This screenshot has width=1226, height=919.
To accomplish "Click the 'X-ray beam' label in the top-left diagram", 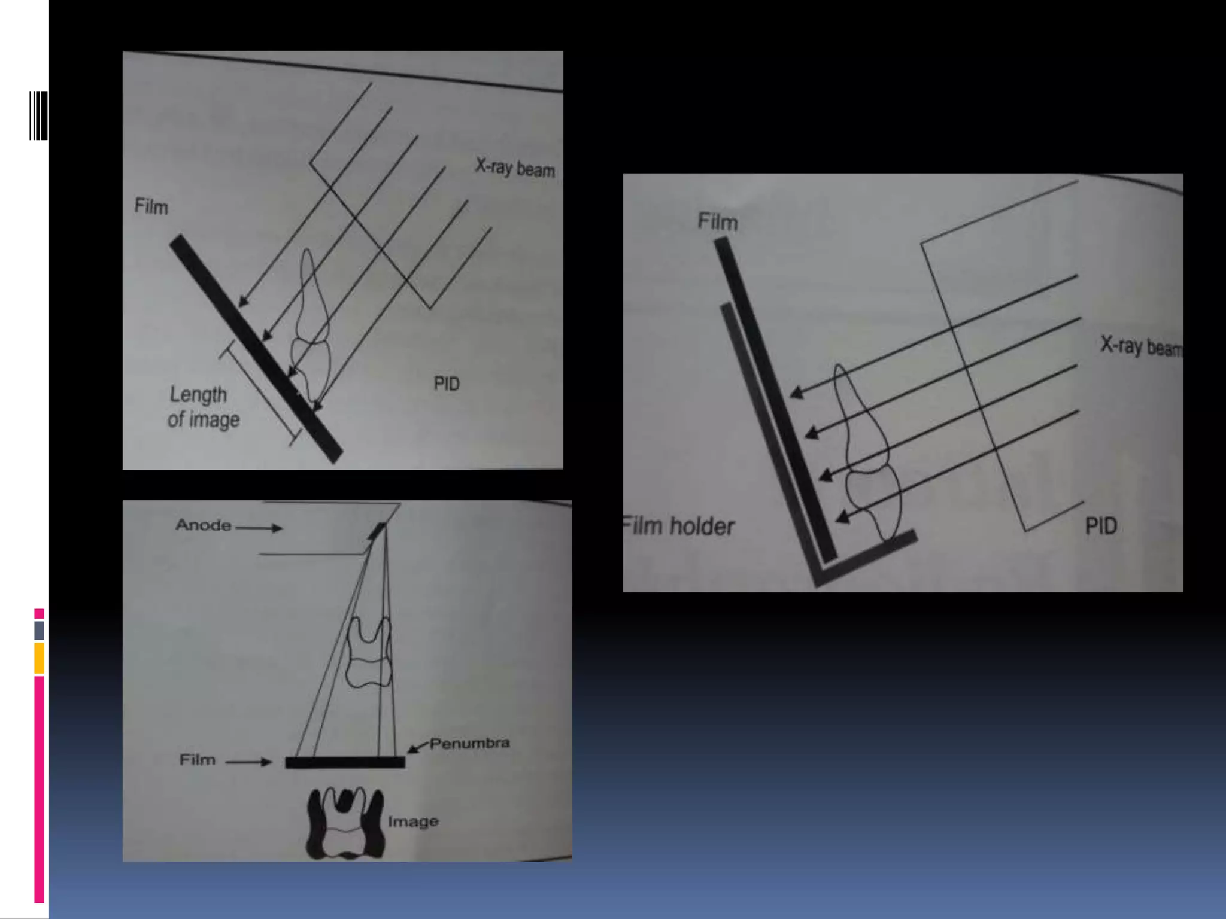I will (515, 168).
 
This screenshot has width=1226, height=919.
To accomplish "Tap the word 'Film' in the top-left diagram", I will (151, 207).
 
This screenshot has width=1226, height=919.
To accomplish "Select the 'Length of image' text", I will (202, 407).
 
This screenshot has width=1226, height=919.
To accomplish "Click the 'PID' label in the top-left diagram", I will (447, 384).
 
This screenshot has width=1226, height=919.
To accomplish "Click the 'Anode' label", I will (203, 525).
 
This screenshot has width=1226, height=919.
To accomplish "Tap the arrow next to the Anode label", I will (259, 528).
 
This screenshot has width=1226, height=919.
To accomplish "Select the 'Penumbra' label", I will (469, 743).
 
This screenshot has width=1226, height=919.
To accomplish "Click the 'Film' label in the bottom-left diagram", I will (197, 760).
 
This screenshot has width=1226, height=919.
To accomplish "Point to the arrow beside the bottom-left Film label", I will (248, 762).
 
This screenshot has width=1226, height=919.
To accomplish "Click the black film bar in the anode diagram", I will (345, 762).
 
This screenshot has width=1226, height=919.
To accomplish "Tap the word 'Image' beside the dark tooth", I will (413, 821).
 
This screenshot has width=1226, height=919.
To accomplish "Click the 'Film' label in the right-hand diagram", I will (717, 222).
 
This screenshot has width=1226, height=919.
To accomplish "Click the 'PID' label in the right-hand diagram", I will (1100, 527).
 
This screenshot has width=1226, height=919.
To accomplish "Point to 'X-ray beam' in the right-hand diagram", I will (1141, 346).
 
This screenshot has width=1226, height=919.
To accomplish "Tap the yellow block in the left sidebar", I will (39, 658).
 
